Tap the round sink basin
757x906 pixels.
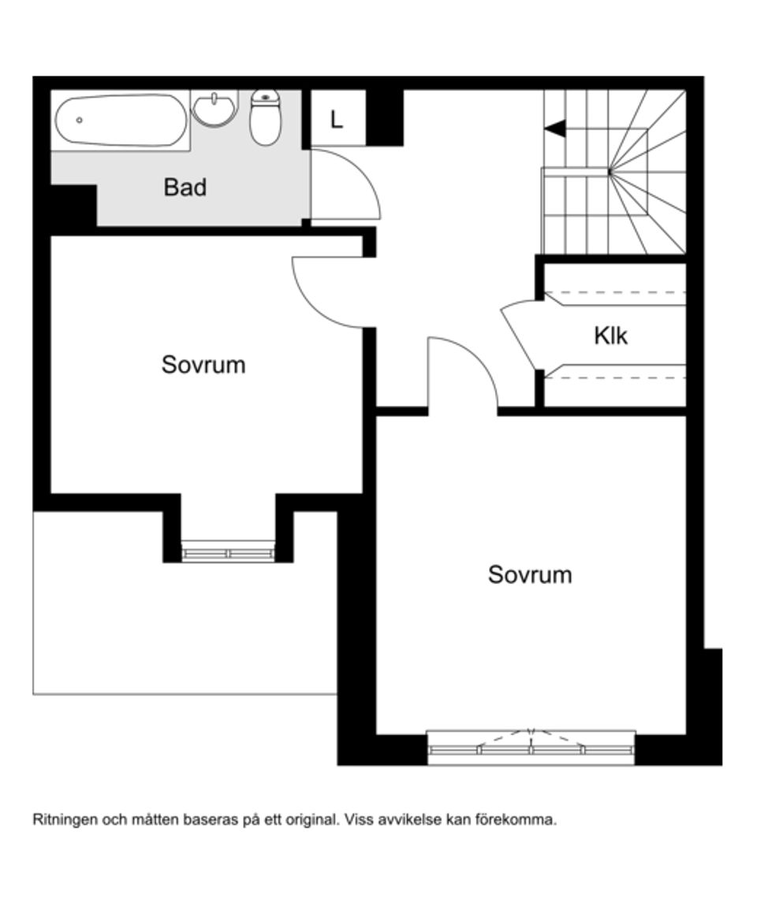tap(214, 110)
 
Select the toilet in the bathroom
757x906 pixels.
tap(265, 118)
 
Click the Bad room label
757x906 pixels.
tap(185, 188)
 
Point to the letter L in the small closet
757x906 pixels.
tap(337, 121)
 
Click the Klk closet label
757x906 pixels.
tap(610, 336)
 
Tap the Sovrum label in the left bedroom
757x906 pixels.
tap(203, 365)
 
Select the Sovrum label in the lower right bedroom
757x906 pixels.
tap(529, 574)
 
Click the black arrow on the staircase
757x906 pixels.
tap(555, 128)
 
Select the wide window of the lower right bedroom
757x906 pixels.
tap(531, 749)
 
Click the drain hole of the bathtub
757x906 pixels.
tap(80, 121)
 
